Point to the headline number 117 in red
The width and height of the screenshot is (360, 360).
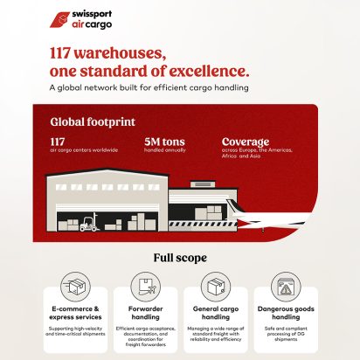[x=66, y=52]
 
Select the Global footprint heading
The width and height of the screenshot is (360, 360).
[x=87, y=123]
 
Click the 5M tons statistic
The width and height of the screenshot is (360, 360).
[x=164, y=142]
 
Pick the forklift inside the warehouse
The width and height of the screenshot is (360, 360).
[x=88, y=225]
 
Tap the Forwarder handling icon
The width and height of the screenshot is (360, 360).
[x=145, y=286]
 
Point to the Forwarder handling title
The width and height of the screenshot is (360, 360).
[x=144, y=313]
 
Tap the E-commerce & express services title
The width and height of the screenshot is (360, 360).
[x=77, y=313]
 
